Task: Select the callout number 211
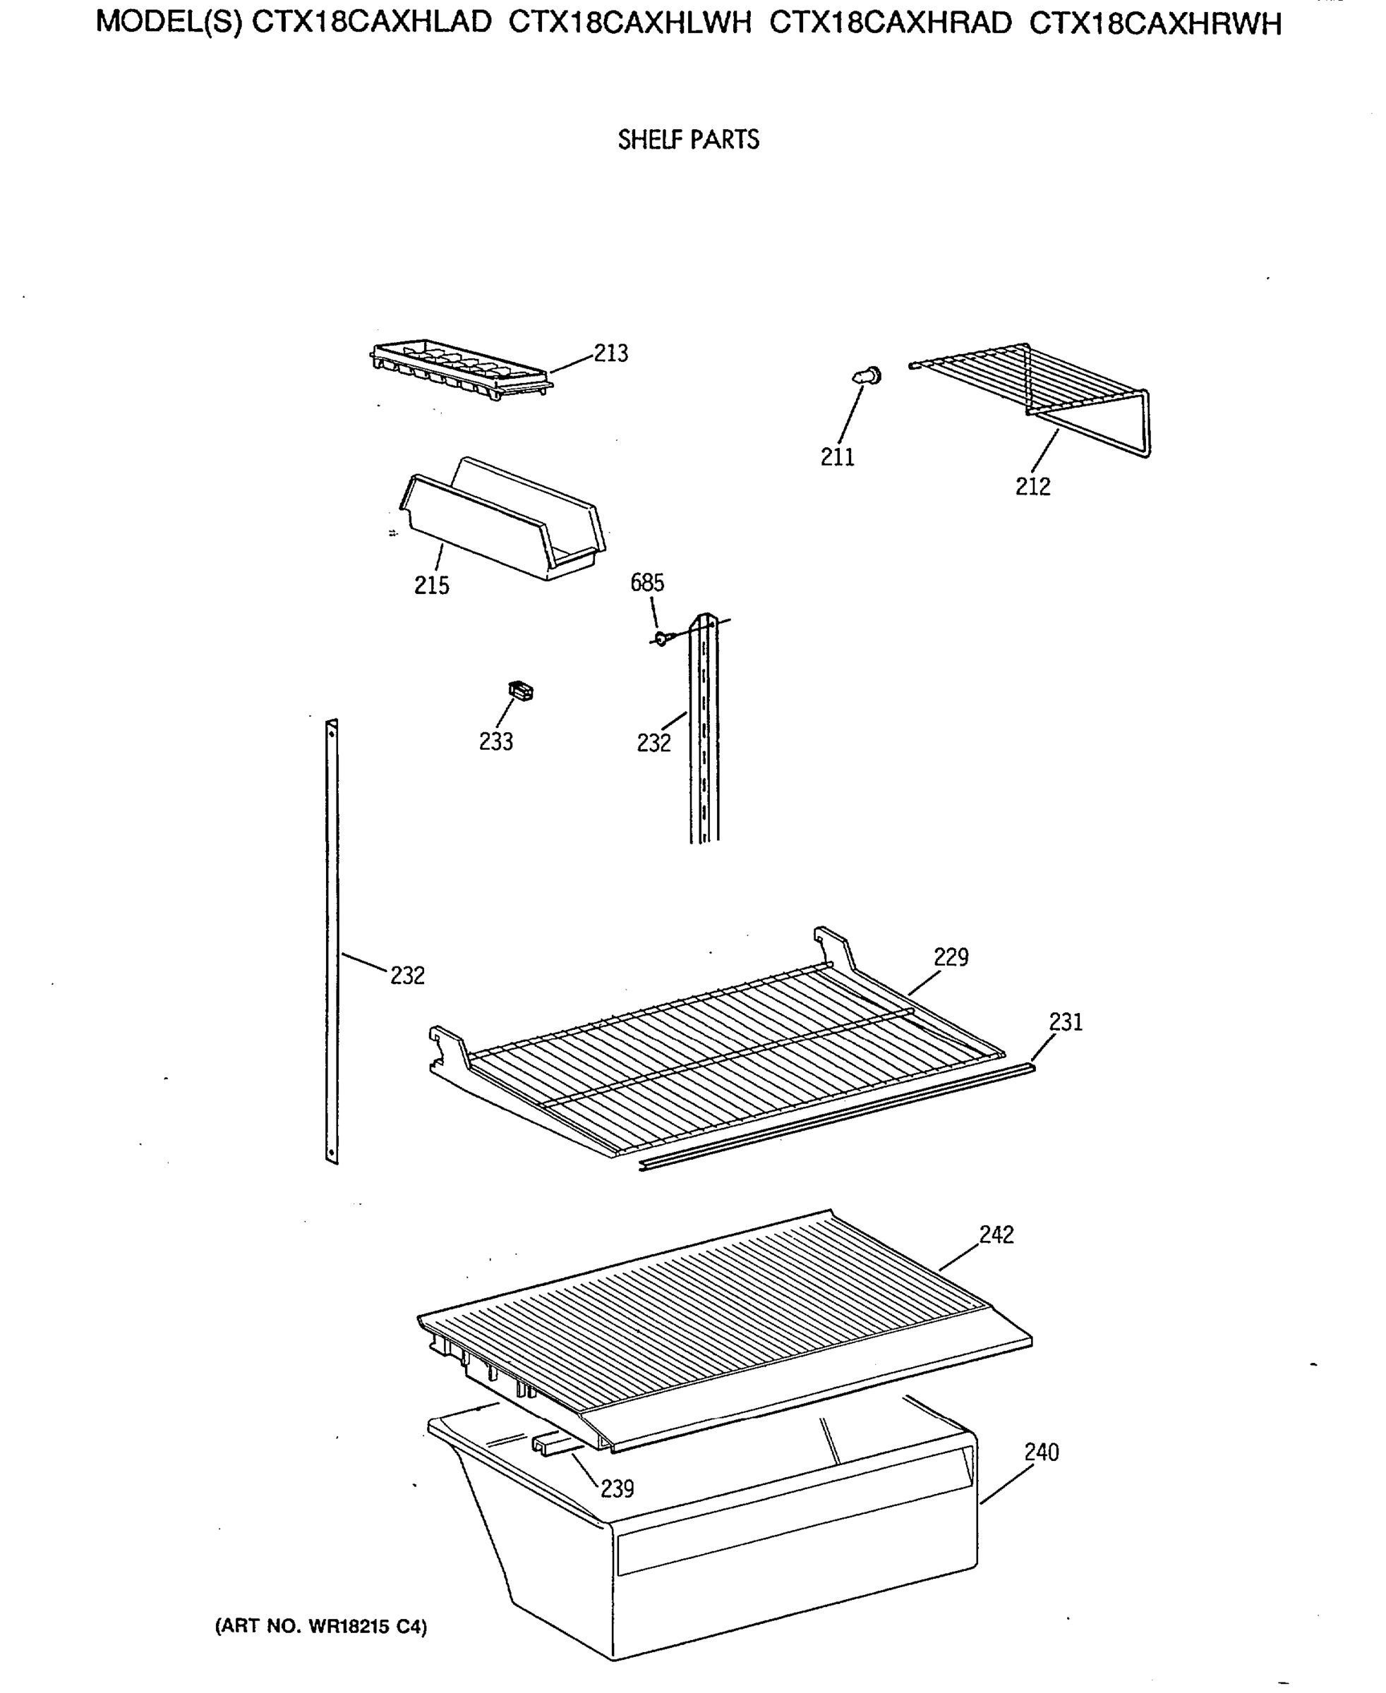(838, 457)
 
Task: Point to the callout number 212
(1032, 486)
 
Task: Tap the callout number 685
(646, 583)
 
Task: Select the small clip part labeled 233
(521, 691)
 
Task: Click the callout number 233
(496, 741)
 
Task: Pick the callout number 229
(951, 957)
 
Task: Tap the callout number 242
(996, 1234)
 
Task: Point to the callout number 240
(1041, 1452)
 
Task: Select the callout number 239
(617, 1488)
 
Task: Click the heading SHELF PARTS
(688, 140)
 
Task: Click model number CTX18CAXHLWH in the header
(630, 24)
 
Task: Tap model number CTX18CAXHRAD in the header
(890, 24)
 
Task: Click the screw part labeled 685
(661, 638)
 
